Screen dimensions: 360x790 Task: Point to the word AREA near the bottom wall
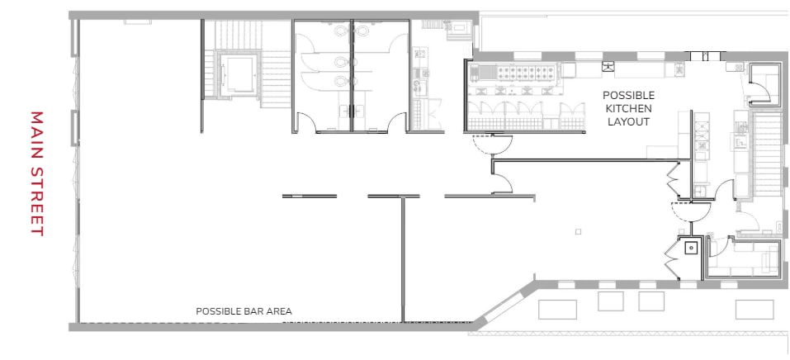(x=278, y=311)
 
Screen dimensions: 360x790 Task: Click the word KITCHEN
(x=628, y=108)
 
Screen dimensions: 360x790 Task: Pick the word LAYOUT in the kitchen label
(x=628, y=121)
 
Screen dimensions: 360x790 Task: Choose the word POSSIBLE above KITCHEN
(x=628, y=95)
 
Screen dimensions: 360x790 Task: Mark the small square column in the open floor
(x=578, y=232)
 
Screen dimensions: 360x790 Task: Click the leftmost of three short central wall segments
(x=310, y=196)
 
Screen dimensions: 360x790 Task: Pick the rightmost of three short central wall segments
(x=490, y=196)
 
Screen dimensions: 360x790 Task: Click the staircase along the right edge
(x=767, y=157)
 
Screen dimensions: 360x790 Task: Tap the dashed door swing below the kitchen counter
(x=485, y=146)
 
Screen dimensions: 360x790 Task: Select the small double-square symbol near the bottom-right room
(x=688, y=246)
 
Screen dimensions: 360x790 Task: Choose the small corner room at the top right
(x=765, y=83)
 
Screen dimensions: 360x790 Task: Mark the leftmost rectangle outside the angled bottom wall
(x=557, y=309)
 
